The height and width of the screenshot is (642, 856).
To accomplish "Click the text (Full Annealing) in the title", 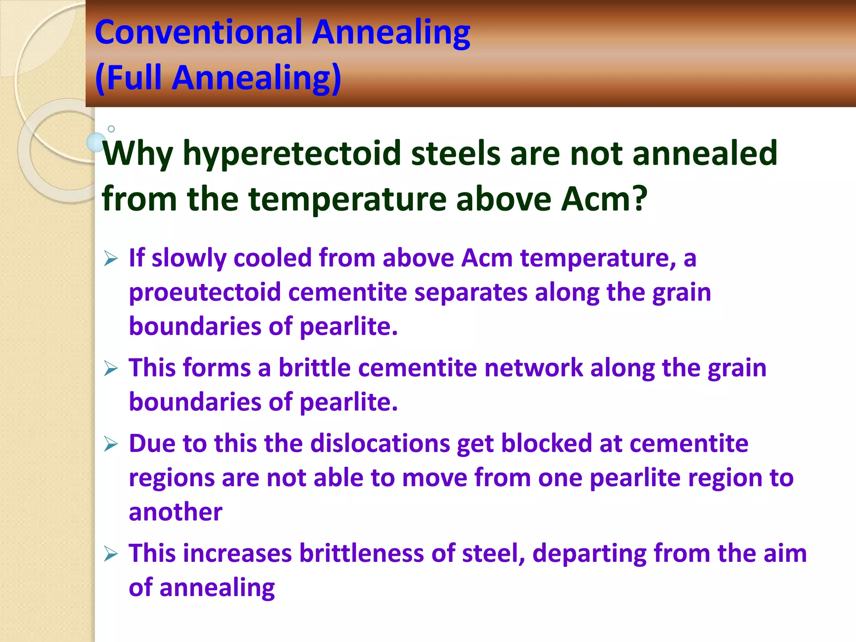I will tap(218, 78).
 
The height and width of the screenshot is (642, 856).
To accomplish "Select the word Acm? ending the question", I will tap(604, 199).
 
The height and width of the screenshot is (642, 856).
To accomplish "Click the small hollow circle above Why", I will tap(111, 129).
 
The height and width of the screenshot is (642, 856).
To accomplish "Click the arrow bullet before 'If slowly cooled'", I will tap(111, 259).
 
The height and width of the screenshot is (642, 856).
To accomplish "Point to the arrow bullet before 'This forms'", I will tap(111, 369).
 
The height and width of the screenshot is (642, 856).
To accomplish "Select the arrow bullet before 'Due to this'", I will tap(111, 444).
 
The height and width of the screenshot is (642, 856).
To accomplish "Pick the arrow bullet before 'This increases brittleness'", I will tap(111, 554).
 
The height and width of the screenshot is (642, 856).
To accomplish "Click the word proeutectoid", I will tap(204, 293).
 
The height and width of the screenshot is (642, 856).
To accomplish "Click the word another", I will tap(175, 512).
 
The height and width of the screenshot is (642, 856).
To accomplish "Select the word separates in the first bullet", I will tap(471, 293).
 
